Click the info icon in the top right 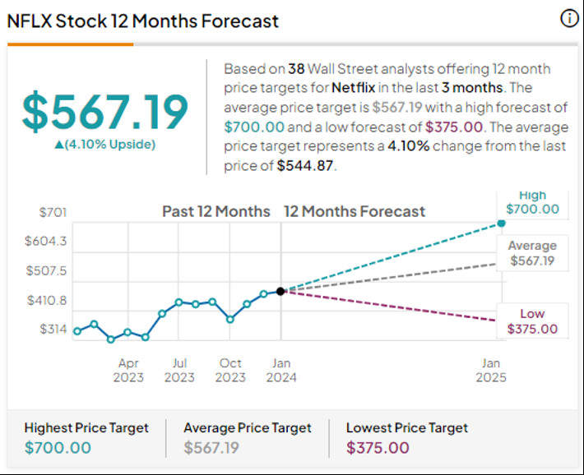pyautogui.click(x=569, y=19)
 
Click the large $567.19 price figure pyautogui.click(x=104, y=112)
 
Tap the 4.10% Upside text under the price pyautogui.click(x=104, y=145)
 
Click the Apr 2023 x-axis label pyautogui.click(x=128, y=370)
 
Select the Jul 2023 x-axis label pyautogui.click(x=179, y=370)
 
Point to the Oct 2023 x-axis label pyautogui.click(x=230, y=370)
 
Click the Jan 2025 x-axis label pyautogui.click(x=491, y=370)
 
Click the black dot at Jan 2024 pyautogui.click(x=280, y=291)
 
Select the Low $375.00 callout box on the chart pyautogui.click(x=532, y=321)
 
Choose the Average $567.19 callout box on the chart pyautogui.click(x=532, y=253)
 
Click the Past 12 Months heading pyautogui.click(x=216, y=211)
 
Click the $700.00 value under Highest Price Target pyautogui.click(x=58, y=448)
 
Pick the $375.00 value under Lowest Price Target pyautogui.click(x=378, y=448)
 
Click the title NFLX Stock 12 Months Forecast pyautogui.click(x=143, y=21)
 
